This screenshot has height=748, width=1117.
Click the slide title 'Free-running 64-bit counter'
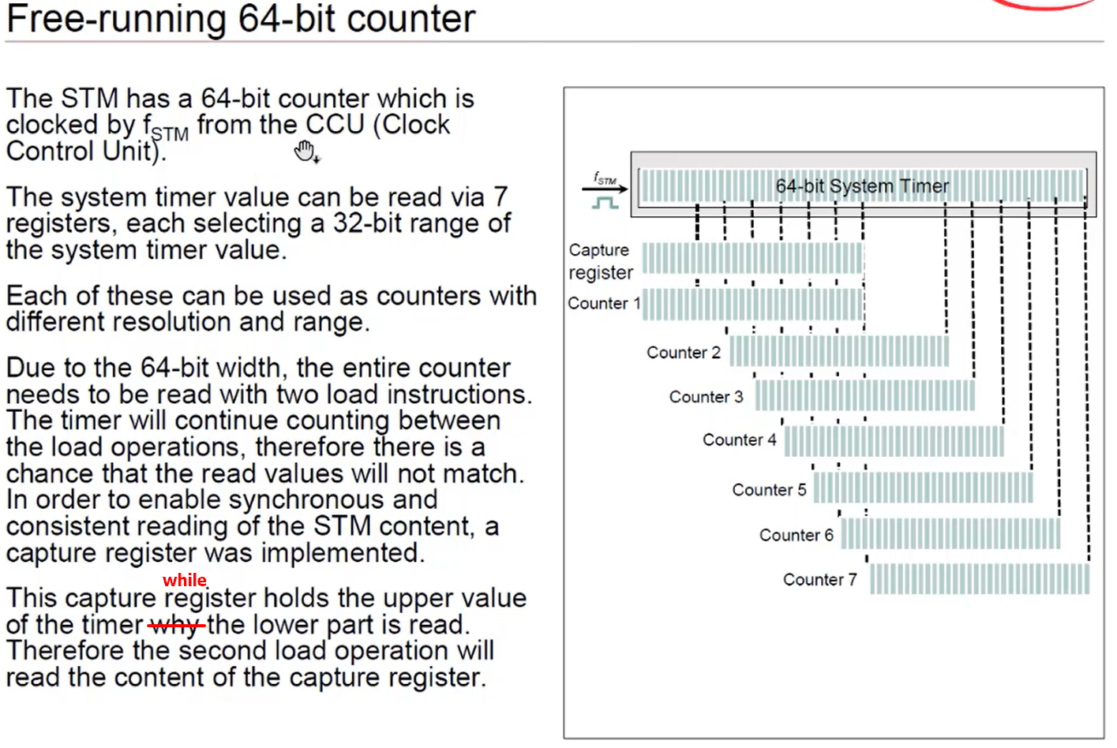(241, 19)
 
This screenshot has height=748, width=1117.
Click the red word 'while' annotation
(185, 581)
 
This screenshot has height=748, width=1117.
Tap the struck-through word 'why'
(175, 626)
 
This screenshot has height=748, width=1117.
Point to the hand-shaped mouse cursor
(305, 151)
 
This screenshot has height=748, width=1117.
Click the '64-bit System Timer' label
(862, 186)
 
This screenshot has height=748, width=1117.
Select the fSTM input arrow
(605, 189)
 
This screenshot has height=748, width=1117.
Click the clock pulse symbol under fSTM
(605, 203)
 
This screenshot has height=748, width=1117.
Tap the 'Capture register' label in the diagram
(600, 261)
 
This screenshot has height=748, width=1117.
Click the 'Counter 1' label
(604, 304)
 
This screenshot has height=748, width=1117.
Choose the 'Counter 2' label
(684, 353)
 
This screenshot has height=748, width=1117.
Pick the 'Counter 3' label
(706, 397)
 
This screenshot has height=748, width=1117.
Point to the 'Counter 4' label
(740, 440)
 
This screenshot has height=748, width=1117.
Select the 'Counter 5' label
(769, 490)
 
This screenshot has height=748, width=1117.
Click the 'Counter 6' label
(796, 536)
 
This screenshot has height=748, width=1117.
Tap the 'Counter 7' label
(819, 580)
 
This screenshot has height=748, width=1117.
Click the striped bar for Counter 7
(979, 579)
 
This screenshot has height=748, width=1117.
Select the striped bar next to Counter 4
(894, 441)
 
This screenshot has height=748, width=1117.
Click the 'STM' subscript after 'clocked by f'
(170, 134)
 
